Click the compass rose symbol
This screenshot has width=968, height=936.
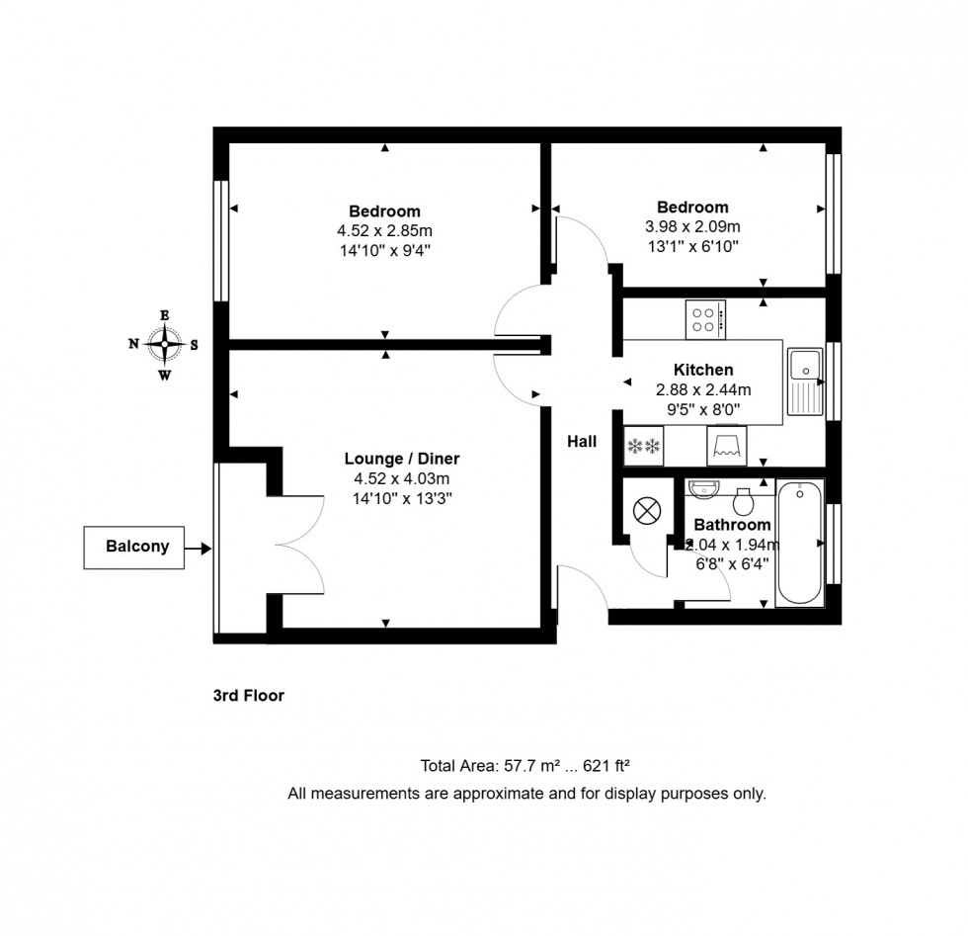164,345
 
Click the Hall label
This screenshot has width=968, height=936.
582,442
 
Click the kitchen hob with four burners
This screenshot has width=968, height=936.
705,318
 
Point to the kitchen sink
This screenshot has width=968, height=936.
804,381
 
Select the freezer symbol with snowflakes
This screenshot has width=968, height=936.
643,446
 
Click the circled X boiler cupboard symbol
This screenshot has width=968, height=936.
646,511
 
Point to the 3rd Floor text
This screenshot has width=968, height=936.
249,696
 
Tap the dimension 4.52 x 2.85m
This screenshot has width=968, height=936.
384,231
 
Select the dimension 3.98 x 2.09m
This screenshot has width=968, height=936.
692,226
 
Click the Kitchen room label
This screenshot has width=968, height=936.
703,370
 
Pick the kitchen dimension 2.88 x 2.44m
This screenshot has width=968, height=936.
703,389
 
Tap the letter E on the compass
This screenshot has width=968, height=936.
164,315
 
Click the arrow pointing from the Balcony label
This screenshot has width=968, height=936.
200,547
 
